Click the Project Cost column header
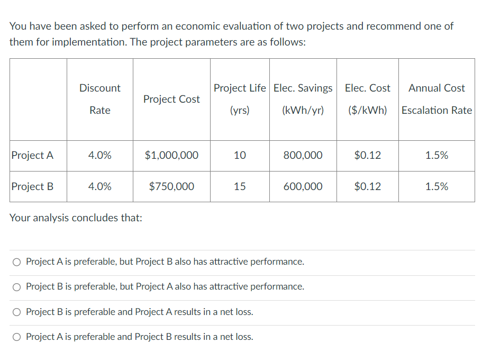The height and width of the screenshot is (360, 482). (171, 99)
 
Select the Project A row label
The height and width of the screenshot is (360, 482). (32, 155)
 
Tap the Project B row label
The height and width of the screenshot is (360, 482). (32, 186)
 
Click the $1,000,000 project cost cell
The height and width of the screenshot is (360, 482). (171, 155)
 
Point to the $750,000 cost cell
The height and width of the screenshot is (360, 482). (171, 186)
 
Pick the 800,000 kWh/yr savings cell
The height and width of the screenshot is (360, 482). (303, 155)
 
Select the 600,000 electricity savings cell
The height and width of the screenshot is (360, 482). (303, 186)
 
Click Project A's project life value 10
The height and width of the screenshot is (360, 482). (240, 155)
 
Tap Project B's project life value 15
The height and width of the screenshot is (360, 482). (240, 186)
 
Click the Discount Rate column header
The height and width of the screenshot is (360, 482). (99, 99)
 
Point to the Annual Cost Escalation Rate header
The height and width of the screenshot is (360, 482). (436, 99)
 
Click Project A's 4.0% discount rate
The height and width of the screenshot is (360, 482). (99, 155)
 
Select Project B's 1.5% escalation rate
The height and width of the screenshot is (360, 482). (436, 186)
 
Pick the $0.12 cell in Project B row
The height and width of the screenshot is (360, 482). (367, 186)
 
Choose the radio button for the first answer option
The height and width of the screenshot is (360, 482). (17, 262)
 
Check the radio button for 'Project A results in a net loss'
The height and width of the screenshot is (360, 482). (17, 312)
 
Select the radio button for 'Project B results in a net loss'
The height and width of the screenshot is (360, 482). (17, 337)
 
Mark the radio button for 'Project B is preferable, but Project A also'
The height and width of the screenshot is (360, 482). (17, 287)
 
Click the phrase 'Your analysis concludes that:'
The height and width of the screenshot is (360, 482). (76, 218)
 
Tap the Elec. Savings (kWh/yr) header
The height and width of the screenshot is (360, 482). (303, 99)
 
